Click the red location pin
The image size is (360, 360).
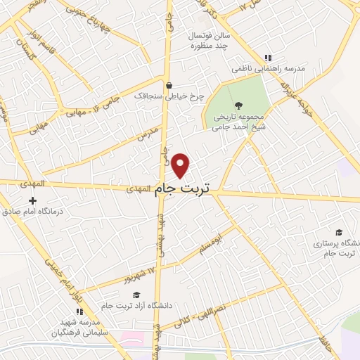pyautogui.click(x=181, y=165)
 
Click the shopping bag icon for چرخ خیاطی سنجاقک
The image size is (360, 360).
pyautogui.click(x=169, y=86)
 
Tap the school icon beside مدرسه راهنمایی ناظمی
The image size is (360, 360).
pyautogui.click(x=267, y=58)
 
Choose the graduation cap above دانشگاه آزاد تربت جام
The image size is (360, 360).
pyautogui.click(x=137, y=295)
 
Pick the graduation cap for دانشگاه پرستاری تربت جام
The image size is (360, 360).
pyautogui.click(x=339, y=232)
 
